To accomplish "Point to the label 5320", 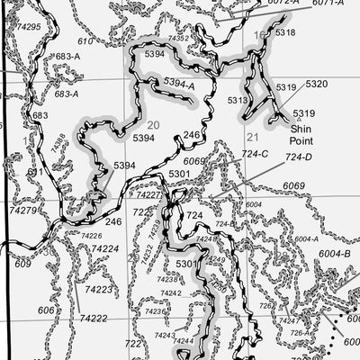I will [x=316, y=84].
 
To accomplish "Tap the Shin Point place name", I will [x=302, y=135].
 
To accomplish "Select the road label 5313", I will [x=238, y=101].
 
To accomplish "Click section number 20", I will [x=153, y=125].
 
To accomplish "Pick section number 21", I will [x=253, y=137].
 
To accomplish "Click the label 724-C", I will [x=255, y=154].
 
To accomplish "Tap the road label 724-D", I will [x=298, y=158].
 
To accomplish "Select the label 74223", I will [x=97, y=290].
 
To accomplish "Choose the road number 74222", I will [x=93, y=319].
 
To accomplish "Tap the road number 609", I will [x=22, y=265].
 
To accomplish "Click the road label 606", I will [x=46, y=310].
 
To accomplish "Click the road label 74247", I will [x=289, y=321].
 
